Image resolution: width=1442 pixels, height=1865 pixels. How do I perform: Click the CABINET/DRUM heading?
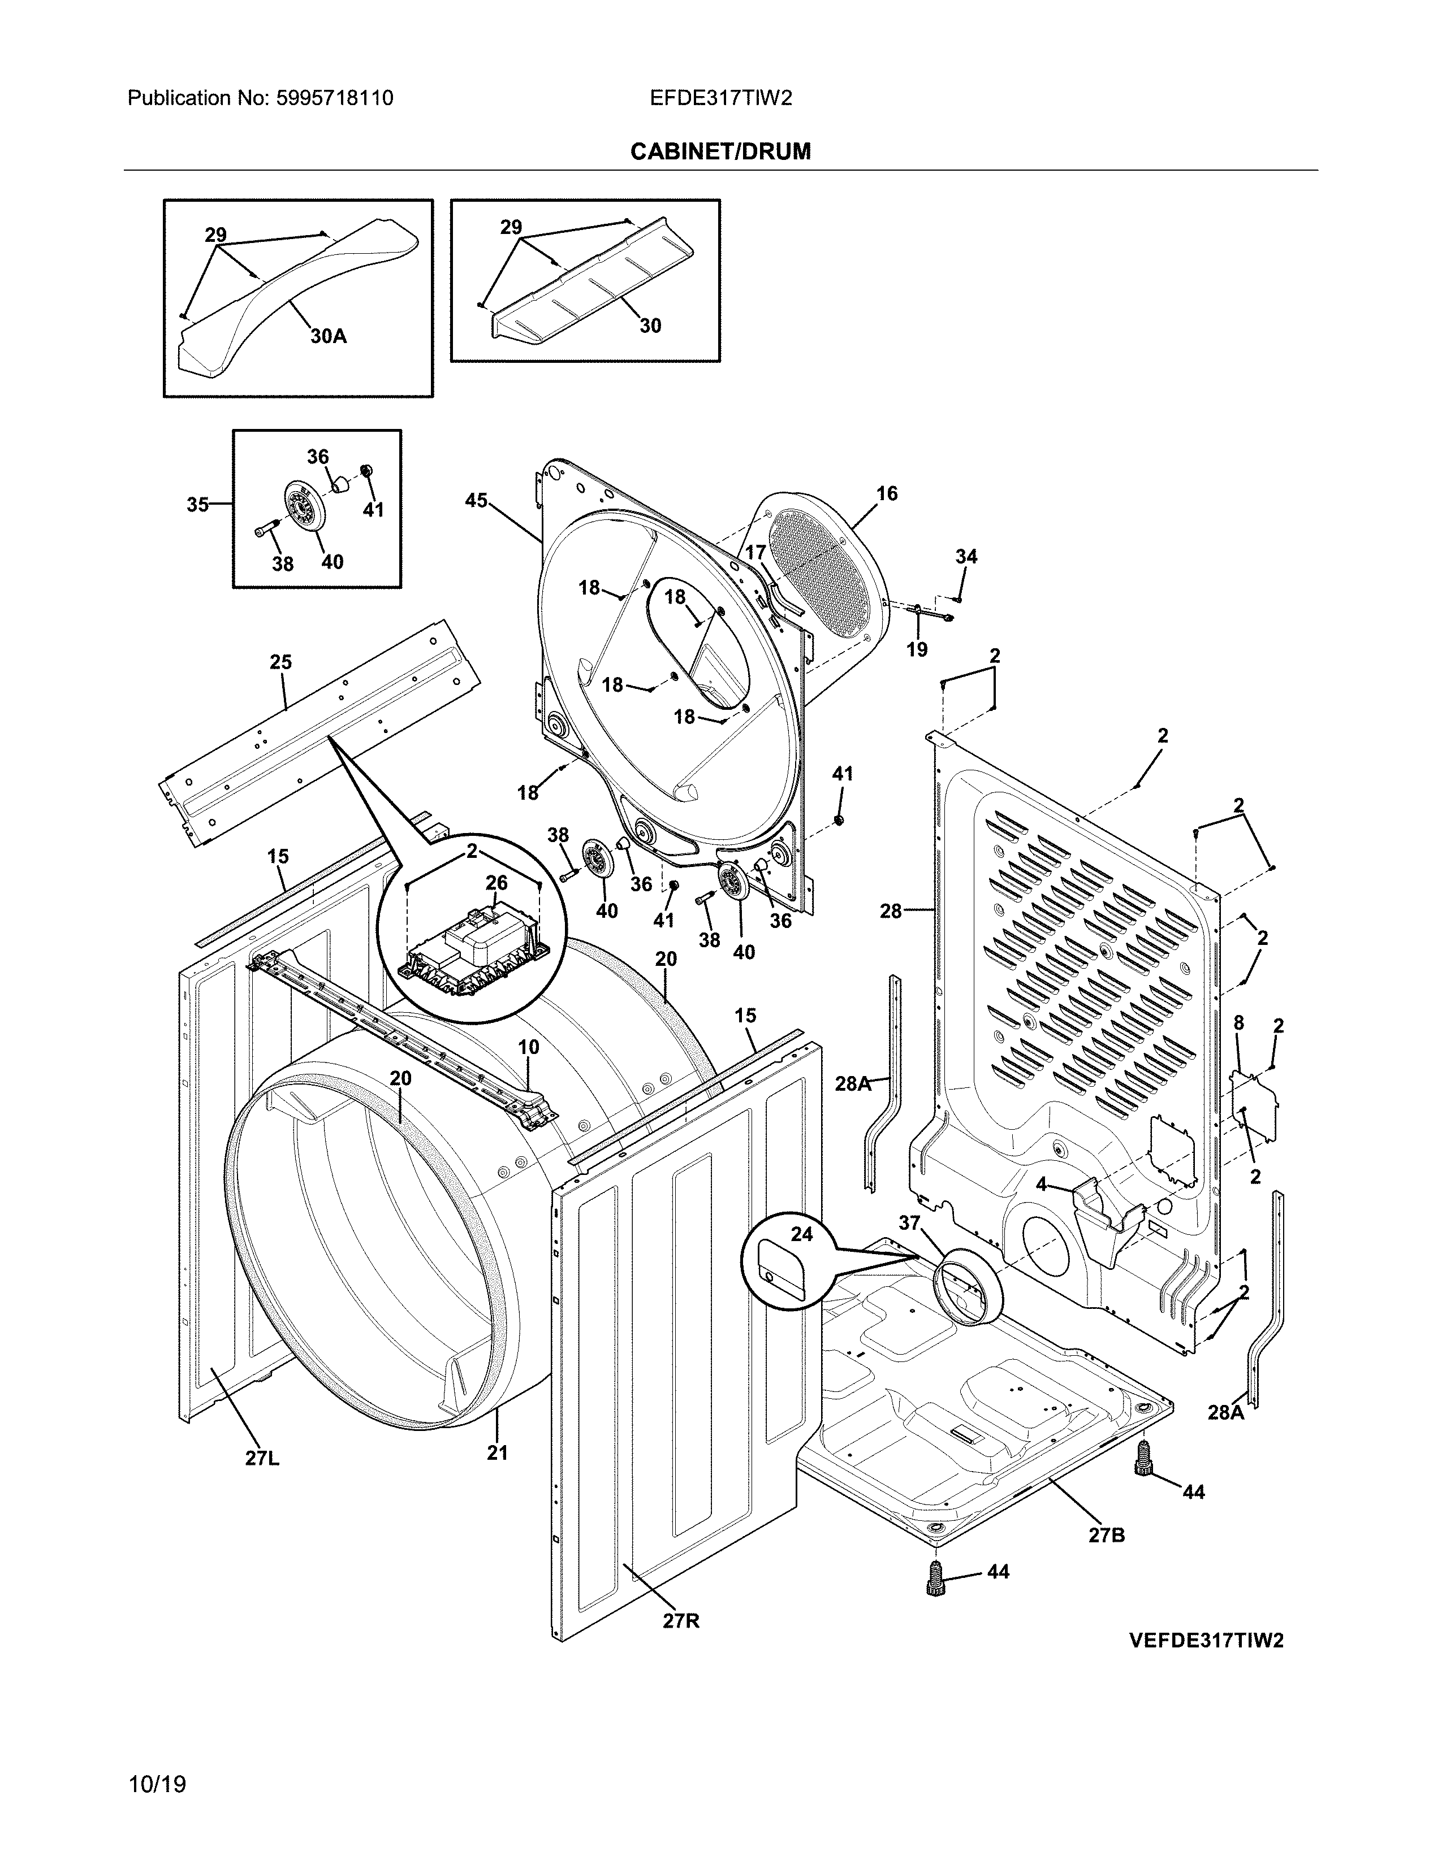(x=720, y=152)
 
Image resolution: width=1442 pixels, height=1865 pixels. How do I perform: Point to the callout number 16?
(x=887, y=493)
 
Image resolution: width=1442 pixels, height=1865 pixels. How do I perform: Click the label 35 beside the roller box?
(x=197, y=506)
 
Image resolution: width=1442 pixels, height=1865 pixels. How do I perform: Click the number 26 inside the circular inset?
(x=497, y=883)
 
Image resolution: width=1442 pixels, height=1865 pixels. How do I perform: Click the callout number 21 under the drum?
(x=497, y=1452)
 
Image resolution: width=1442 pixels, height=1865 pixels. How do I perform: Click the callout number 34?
(x=966, y=557)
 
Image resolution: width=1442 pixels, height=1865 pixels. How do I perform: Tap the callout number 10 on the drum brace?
(x=528, y=1047)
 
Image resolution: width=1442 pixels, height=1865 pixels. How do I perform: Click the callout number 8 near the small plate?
(x=1238, y=1023)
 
